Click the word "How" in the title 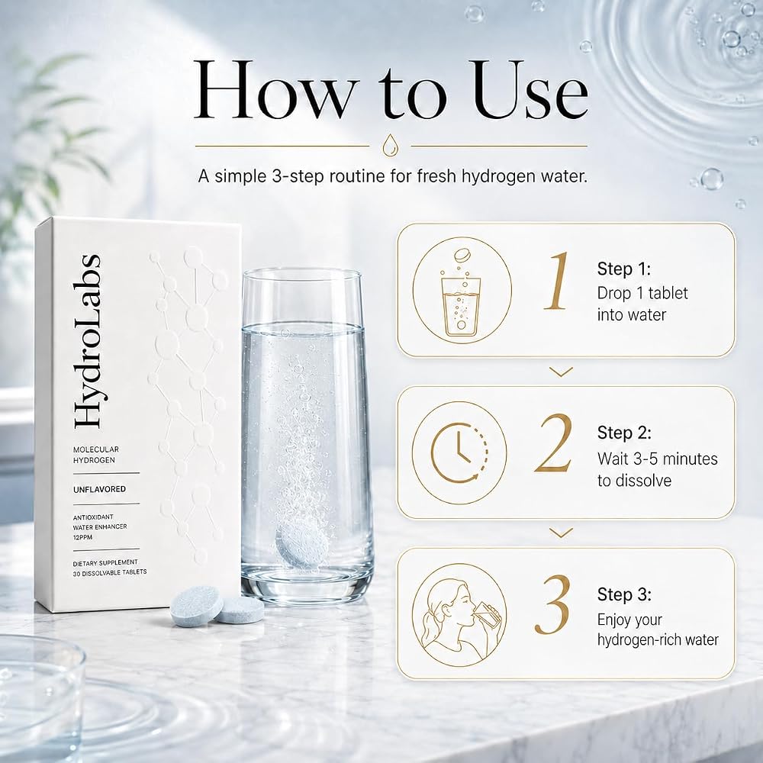[x=275, y=90]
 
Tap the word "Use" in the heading [x=530, y=90]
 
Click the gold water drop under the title [x=390, y=146]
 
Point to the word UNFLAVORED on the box [x=99, y=489]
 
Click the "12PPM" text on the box [x=82, y=537]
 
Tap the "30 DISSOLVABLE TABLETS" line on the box [x=109, y=572]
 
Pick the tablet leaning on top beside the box [x=197, y=605]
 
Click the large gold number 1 [x=557, y=281]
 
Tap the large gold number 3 [x=552, y=605]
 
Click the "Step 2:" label [x=624, y=433]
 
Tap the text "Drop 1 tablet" [x=642, y=293]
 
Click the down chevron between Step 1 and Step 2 [x=561, y=372]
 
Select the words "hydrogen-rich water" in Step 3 [x=658, y=639]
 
